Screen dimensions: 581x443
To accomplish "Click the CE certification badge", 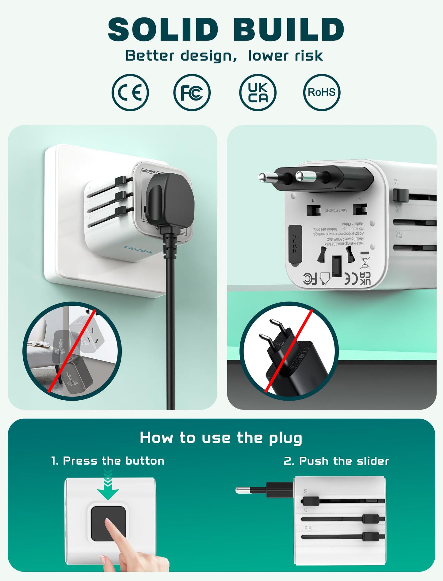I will pos(130,92).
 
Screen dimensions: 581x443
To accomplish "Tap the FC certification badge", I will pos(192,92).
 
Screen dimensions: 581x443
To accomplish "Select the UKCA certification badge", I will pos(258,92).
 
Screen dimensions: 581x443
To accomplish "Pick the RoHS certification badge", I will pos(322,92).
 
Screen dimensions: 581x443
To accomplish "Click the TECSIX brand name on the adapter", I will pos(138,250).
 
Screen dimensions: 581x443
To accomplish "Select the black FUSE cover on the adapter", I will pos(295,244).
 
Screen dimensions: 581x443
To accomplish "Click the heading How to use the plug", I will pos(221,438).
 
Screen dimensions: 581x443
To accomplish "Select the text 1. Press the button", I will pos(108,461).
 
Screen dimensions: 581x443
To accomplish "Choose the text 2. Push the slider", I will pos(336,461).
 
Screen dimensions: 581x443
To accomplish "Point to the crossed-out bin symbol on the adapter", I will pos(365,262).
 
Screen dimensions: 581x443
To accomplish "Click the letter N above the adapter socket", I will pos(313,201).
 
